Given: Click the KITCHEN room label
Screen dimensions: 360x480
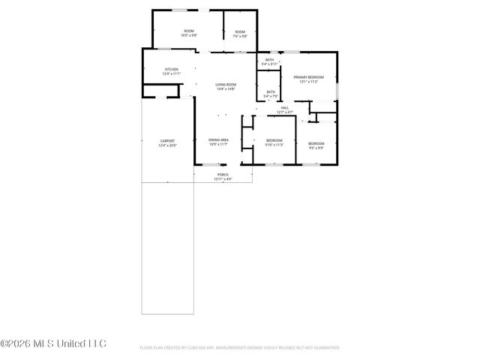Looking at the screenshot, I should pyautogui.click(x=172, y=69).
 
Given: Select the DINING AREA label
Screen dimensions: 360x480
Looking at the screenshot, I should pyautogui.click(x=218, y=139).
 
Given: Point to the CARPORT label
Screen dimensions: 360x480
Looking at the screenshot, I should pyautogui.click(x=166, y=140).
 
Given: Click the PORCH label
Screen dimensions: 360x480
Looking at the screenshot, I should pyautogui.click(x=223, y=174).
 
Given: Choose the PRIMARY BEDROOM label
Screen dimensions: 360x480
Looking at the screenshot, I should pyautogui.click(x=308, y=77).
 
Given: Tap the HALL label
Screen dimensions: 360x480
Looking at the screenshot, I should pyautogui.click(x=285, y=108).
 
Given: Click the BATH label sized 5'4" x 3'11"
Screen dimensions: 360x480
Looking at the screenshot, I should pyautogui.click(x=269, y=60).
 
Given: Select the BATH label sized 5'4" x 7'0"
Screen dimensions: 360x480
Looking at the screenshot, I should pyautogui.click(x=270, y=92).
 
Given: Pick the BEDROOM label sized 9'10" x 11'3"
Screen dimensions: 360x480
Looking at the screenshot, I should pyautogui.click(x=274, y=140).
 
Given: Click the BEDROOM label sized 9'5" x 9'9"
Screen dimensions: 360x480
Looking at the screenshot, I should pyautogui.click(x=316, y=143).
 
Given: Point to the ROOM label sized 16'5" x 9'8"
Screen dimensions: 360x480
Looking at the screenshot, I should pyautogui.click(x=189, y=31).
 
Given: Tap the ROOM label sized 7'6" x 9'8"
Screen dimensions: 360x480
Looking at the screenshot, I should pyautogui.click(x=239, y=31).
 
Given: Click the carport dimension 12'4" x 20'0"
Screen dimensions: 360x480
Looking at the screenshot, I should pyautogui.click(x=166, y=145).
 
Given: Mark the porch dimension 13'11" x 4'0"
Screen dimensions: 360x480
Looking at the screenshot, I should pyautogui.click(x=223, y=178).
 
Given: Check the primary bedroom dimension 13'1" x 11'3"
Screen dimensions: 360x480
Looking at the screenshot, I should pyautogui.click(x=308, y=82).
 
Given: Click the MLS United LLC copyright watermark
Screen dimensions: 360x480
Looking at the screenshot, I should pyautogui.click(x=54, y=344).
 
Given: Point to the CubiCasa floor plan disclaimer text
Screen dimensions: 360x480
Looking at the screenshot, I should pyautogui.click(x=240, y=348).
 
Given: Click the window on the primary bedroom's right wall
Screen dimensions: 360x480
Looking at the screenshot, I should pyautogui.click(x=337, y=89).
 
